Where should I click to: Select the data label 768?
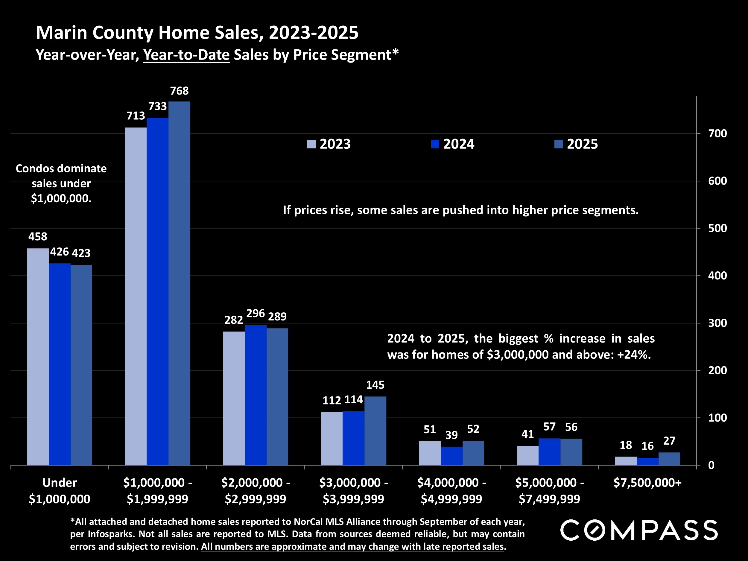179,91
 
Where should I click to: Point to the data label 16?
647,446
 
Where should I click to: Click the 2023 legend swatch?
311,144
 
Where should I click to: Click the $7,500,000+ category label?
647,483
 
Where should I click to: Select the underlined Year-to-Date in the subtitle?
186,55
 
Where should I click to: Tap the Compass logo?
639,530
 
